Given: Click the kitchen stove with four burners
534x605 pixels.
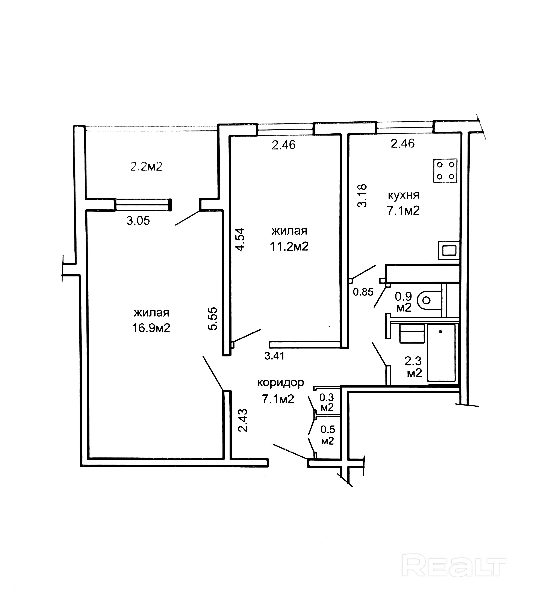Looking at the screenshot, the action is click(x=445, y=170).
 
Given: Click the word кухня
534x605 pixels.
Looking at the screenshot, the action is click(x=403, y=196).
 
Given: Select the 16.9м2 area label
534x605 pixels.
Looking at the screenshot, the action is click(x=151, y=328).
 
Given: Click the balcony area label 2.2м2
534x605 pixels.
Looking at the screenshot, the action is click(x=146, y=167).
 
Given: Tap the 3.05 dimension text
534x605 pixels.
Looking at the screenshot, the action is click(x=138, y=220).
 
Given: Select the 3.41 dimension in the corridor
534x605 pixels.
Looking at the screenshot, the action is click(x=275, y=356).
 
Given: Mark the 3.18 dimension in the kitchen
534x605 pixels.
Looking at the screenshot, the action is click(x=362, y=196).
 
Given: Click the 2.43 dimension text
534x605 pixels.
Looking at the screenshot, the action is click(x=243, y=420).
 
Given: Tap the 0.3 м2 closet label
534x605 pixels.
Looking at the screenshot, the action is click(x=327, y=402).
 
